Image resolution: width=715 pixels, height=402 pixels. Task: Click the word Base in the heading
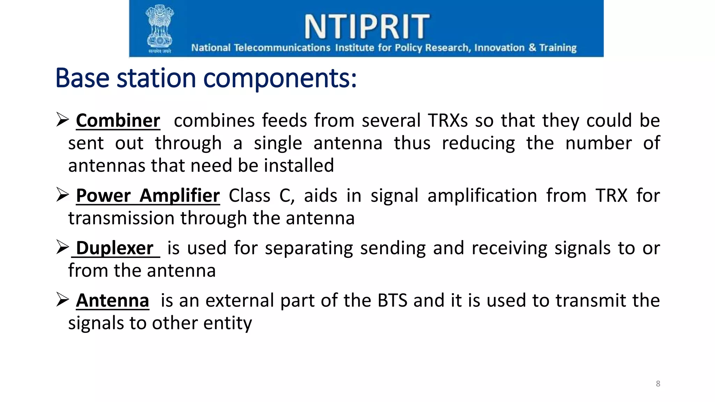coord(82,78)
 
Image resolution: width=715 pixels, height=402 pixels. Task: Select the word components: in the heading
coord(280,79)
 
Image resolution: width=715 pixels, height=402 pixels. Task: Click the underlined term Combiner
coord(118,121)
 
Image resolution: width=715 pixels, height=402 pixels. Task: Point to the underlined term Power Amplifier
coord(148,195)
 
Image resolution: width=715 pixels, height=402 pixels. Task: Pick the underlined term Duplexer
coord(115,248)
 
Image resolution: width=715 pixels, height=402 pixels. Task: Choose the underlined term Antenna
coord(112,300)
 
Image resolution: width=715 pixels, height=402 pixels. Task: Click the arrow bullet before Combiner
coord(62,120)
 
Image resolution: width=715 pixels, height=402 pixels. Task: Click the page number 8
coord(658,384)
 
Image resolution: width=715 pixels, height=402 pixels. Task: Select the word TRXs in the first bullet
coord(448,121)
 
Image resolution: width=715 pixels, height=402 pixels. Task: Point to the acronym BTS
coord(392,300)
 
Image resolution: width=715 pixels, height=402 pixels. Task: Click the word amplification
coord(482,195)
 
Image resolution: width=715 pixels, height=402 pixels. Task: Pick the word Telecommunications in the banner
coord(282,47)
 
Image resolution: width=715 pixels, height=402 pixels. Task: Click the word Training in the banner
coord(558,47)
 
